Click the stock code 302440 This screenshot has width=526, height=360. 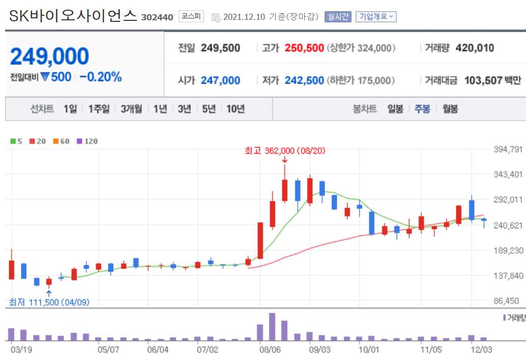tap(158, 17)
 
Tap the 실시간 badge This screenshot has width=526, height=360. tap(338, 17)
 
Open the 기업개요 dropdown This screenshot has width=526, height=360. tap(376, 17)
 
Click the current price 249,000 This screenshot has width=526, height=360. tap(49, 56)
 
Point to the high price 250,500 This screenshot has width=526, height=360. tap(304, 48)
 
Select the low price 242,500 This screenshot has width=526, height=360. tap(304, 80)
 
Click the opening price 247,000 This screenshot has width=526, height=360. tap(220, 80)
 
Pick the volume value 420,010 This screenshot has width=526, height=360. tap(475, 48)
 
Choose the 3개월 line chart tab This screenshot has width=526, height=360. tap(131, 109)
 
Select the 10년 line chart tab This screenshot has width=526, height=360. tap(236, 109)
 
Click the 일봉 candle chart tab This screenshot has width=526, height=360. tap(395, 109)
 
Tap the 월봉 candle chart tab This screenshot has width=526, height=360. tap(450, 109)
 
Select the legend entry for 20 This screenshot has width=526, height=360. tap(38, 141)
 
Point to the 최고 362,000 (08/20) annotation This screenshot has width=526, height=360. tap(284, 151)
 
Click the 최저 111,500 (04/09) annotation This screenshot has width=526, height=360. tap(49, 302)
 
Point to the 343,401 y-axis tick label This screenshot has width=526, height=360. tap(509, 174)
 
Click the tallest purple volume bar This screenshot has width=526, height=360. tap(272, 327)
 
